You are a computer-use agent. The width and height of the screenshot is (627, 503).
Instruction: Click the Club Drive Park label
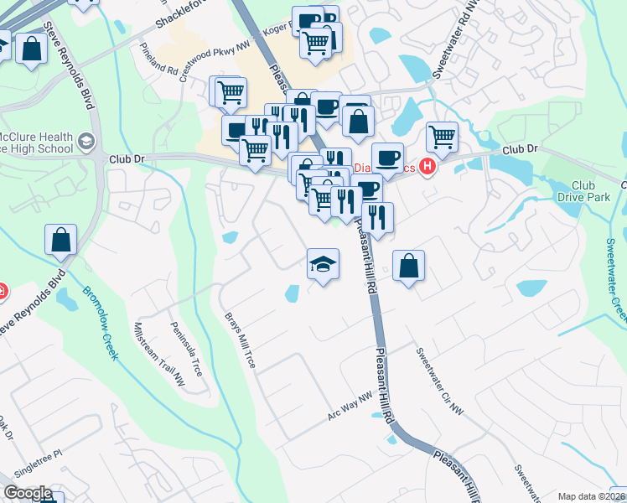pyautogui.click(x=583, y=191)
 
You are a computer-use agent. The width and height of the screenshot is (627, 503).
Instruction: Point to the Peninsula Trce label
pyautogui.click(x=186, y=347)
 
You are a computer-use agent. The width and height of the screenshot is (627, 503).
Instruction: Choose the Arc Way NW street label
pyautogui.click(x=349, y=407)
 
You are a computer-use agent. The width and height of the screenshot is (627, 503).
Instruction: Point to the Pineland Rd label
pyautogui.click(x=158, y=60)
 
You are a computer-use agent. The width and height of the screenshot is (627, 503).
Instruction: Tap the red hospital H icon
pyautogui.click(x=427, y=167)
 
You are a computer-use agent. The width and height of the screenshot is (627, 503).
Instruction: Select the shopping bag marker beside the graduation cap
pyautogui.click(x=408, y=266)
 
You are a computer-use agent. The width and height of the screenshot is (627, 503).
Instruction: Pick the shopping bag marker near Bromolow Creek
pyautogui.click(x=62, y=240)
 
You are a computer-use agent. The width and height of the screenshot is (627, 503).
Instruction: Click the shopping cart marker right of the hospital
pyautogui.click(x=442, y=136)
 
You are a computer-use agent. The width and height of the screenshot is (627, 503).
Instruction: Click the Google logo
pyautogui.click(x=27, y=493)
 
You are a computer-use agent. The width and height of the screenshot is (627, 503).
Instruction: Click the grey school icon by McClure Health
pyautogui.click(x=85, y=142)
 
